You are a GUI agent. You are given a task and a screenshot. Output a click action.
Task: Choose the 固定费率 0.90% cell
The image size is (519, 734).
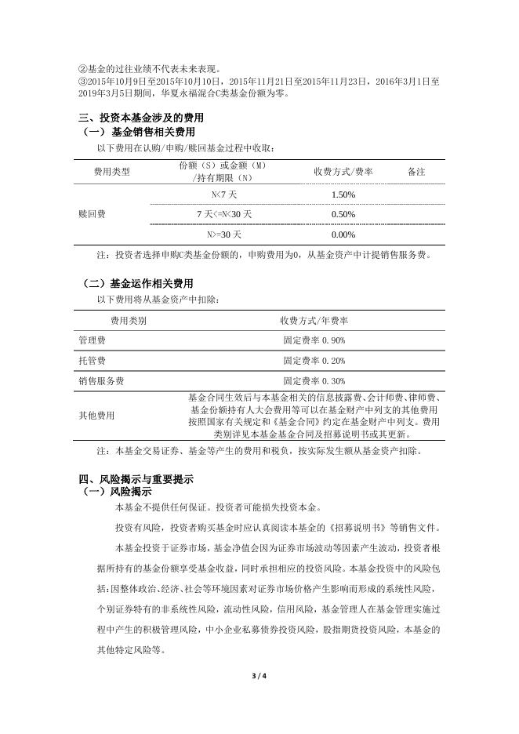[x=314, y=340]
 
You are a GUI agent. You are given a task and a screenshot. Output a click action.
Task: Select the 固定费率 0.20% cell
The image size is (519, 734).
[x=314, y=361]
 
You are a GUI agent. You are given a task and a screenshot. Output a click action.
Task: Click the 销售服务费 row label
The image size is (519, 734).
[x=101, y=381]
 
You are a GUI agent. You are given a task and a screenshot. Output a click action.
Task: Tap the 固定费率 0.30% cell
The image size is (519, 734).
[x=314, y=381]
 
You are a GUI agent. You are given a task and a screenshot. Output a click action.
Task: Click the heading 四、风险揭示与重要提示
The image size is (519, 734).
[x=136, y=478]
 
